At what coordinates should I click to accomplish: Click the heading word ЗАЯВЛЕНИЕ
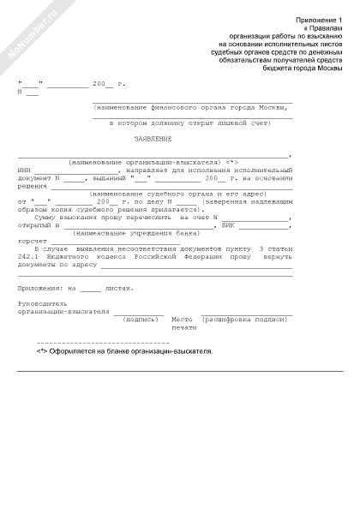(x=153, y=139)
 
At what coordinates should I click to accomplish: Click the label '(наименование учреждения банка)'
(x=124, y=233)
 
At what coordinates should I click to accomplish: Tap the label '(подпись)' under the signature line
(x=141, y=319)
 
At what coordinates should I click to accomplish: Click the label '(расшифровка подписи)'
(x=244, y=319)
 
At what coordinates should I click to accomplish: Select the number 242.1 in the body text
(x=28, y=256)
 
